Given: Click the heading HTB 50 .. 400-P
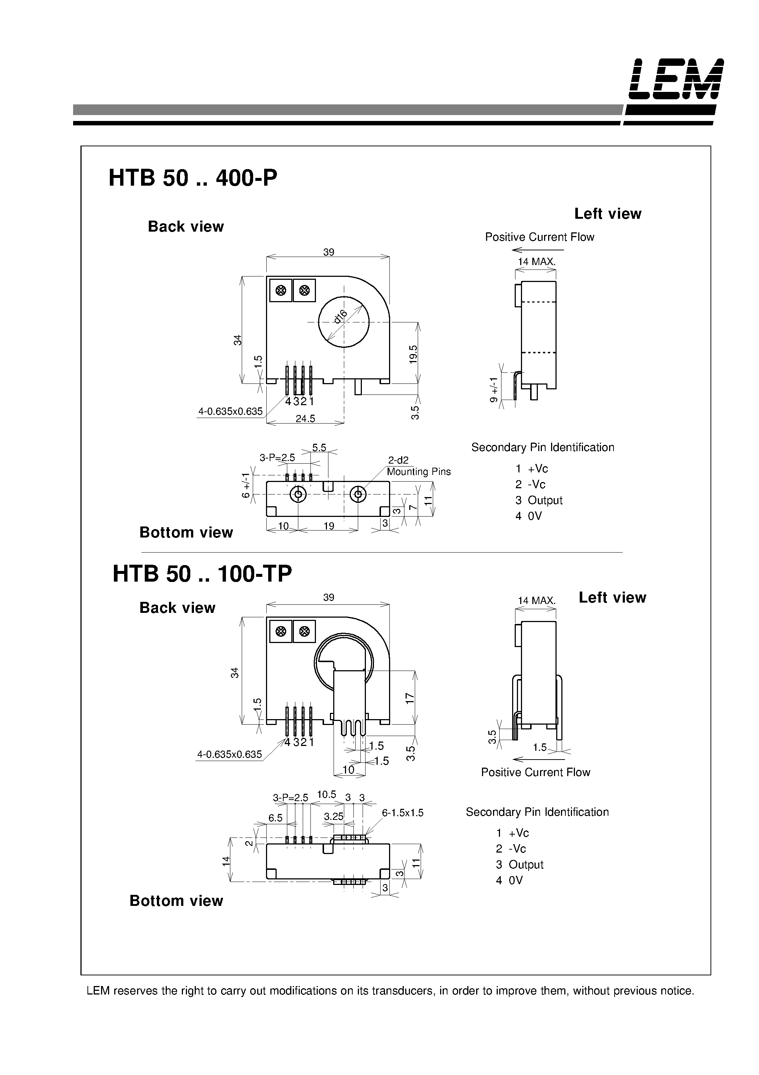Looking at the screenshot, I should pyautogui.click(x=193, y=178).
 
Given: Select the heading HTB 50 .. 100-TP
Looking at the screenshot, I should pyautogui.click(x=202, y=574).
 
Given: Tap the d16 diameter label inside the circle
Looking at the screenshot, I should pyautogui.click(x=340, y=317).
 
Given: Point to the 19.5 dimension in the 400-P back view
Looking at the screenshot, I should pyautogui.click(x=413, y=354).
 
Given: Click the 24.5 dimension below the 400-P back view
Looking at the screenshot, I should pyautogui.click(x=305, y=419).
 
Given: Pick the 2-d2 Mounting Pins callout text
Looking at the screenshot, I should pyautogui.click(x=418, y=466).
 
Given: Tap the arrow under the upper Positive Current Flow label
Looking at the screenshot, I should pyautogui.click(x=538, y=250).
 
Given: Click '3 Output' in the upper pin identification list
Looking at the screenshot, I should pyautogui.click(x=539, y=500).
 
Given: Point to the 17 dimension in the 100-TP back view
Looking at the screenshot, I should pyautogui.click(x=410, y=698).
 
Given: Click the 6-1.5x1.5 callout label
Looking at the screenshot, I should pyautogui.click(x=402, y=813).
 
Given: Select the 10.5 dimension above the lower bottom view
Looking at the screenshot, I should pyautogui.click(x=327, y=794).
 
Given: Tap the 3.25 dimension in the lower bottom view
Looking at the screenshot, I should pyautogui.click(x=334, y=817).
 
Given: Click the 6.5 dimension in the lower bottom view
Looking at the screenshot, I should pyautogui.click(x=275, y=818).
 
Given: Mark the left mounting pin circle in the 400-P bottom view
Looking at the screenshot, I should pyautogui.click(x=298, y=494).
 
